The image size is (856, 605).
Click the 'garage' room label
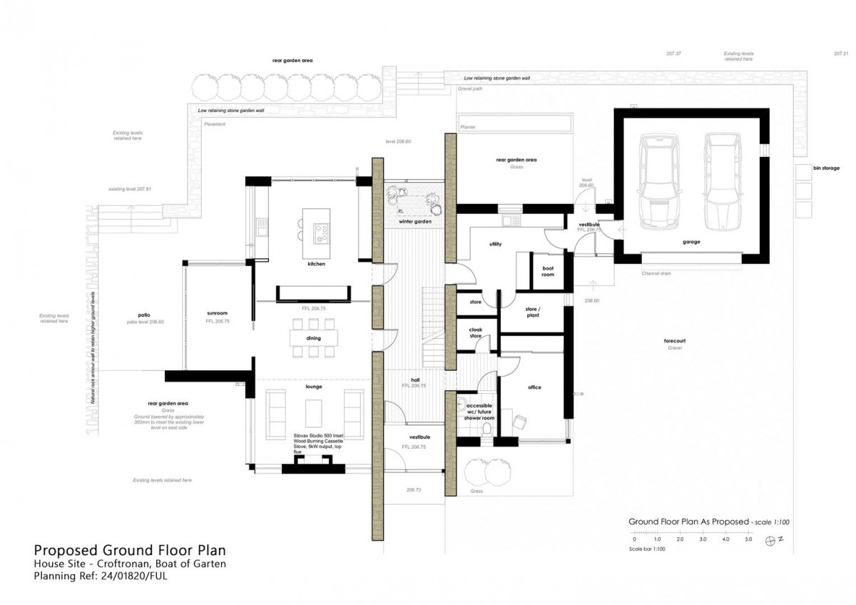point(691,242)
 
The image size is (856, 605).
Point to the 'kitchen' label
point(316,264)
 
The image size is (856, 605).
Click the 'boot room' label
point(548,272)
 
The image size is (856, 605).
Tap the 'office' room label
point(534,387)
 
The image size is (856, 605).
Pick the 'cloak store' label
point(475,332)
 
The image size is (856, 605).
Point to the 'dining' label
point(313,338)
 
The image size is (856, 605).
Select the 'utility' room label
point(495,244)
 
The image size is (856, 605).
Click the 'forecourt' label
point(675,341)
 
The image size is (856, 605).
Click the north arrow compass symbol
point(770,540)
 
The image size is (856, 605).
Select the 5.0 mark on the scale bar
point(748,539)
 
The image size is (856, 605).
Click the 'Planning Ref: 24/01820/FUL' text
point(100,576)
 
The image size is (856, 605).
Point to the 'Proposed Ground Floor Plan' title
point(130,550)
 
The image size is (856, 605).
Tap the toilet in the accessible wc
point(486,429)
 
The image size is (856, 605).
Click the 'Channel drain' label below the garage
point(656,273)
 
